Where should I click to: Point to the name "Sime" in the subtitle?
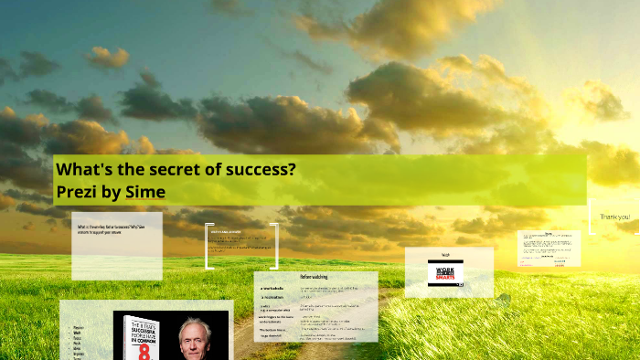coord(145,192)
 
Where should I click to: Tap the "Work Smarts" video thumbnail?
coord(445,272)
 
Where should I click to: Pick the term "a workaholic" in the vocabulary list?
coord(275,288)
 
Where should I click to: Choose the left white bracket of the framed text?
coord(209,246)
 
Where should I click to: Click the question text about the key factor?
coord(115,228)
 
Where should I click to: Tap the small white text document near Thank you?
coord(549,247)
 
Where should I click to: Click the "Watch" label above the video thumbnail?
coord(445,255)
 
